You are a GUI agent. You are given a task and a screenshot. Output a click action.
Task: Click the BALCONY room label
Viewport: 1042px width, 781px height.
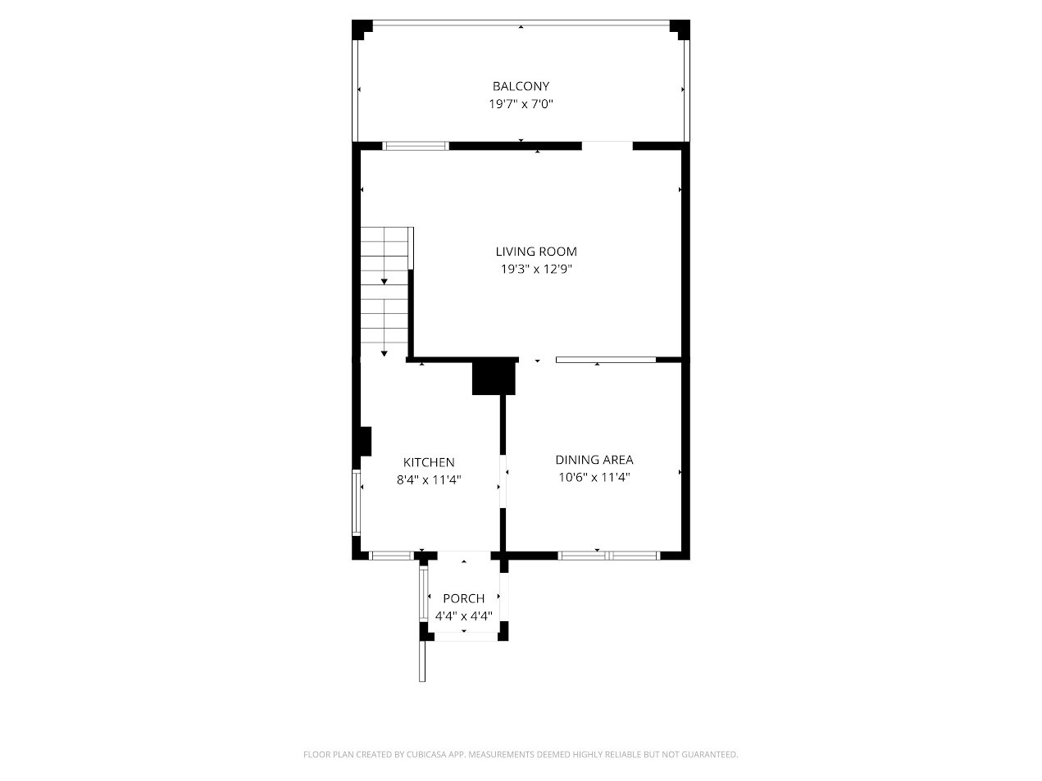[521, 86]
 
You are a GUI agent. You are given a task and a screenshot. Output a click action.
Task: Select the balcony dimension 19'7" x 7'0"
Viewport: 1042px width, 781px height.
[521, 104]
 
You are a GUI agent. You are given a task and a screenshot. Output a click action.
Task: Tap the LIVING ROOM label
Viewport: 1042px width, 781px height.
[535, 252]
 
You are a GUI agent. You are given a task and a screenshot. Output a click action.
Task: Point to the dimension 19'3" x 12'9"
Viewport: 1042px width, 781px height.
[535, 269]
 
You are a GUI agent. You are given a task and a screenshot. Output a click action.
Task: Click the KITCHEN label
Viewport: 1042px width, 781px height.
[429, 463]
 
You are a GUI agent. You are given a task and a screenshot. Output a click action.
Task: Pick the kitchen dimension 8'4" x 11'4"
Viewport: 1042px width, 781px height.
[429, 480]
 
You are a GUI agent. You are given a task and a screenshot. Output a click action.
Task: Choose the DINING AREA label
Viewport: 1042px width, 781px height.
[594, 460]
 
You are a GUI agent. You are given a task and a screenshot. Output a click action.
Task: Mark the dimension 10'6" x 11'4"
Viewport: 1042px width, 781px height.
[594, 477]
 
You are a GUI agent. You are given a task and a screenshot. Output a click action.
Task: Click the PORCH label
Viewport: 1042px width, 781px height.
[464, 598]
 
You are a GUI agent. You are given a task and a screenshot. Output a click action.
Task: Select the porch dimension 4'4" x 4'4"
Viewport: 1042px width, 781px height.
[464, 615]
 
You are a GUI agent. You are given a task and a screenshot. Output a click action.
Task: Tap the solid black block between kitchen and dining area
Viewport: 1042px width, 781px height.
[494, 378]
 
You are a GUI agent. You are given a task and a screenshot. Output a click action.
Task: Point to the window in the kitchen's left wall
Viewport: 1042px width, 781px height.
[357, 502]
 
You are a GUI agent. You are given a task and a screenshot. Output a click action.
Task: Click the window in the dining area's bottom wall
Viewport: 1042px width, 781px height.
[609, 556]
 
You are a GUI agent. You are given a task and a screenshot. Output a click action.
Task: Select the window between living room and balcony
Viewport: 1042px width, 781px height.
[416, 147]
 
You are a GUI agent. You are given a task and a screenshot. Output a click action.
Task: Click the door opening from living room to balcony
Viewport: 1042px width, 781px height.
[607, 147]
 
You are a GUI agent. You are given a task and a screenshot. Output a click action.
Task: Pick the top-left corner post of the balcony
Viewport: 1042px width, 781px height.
[362, 29]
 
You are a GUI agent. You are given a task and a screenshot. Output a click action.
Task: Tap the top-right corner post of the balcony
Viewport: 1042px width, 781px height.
[680, 29]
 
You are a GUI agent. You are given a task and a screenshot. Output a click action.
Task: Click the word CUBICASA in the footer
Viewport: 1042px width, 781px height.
[425, 755]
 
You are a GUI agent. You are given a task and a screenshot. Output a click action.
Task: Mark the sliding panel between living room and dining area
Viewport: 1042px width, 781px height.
[606, 360]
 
